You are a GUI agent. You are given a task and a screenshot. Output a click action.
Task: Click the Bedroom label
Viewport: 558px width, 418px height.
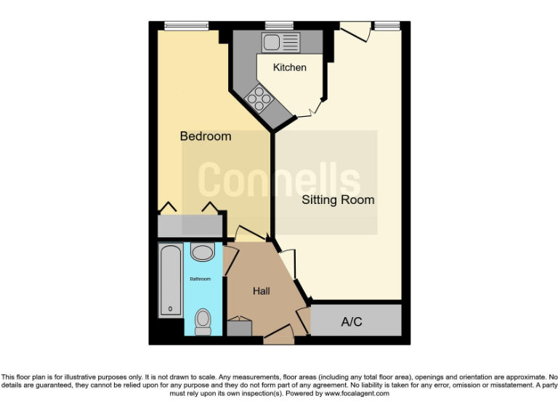pos(206,136)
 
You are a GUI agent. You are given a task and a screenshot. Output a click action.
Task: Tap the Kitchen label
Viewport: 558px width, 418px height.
pos(289,67)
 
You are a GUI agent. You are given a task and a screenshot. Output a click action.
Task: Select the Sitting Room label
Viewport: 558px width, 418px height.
pos(338,200)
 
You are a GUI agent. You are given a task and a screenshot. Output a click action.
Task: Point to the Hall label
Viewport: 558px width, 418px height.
pos(262,291)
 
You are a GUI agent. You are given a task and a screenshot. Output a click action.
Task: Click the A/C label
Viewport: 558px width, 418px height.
pos(352,322)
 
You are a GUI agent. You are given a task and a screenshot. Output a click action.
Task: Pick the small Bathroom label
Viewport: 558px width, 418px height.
pos(201,279)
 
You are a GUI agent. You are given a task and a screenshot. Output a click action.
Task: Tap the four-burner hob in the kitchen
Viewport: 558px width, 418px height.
pos(259,97)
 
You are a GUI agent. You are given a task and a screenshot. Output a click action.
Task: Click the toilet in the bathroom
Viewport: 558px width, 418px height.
pos(203,320)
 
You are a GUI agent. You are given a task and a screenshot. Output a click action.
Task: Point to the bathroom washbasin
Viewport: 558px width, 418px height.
pos(202,253)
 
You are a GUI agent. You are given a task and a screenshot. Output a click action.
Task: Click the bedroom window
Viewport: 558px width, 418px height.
pos(186,26)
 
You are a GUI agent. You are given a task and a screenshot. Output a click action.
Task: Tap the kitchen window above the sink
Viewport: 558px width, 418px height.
pos(279,26)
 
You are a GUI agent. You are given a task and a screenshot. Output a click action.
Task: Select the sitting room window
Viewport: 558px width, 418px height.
pos(387,26)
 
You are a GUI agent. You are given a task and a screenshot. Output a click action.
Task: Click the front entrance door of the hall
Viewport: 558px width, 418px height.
pos(278,335)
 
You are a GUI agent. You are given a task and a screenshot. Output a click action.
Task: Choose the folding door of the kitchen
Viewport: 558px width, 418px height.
pos(314,109)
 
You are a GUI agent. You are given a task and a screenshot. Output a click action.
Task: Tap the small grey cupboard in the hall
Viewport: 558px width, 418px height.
pos(239,327)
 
